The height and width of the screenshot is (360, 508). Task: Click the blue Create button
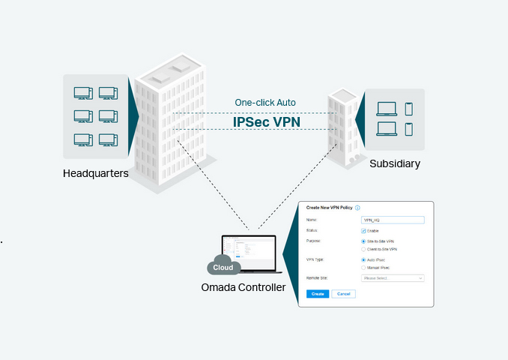pos(318,294)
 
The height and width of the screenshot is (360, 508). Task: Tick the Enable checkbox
pos(363,230)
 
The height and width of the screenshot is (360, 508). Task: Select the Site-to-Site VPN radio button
pos(363,241)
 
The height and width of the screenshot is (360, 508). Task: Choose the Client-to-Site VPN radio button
pos(363,248)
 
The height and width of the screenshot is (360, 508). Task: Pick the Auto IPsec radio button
pos(363,259)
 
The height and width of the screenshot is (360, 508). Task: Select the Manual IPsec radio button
pos(363,267)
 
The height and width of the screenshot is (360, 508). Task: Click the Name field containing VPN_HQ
pos(392,220)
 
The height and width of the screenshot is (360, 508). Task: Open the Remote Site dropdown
pos(392,278)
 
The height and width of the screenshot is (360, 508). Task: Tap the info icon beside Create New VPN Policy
pos(358,208)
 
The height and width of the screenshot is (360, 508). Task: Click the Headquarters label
pos(96,174)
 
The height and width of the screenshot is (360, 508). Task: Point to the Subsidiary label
pos(395,163)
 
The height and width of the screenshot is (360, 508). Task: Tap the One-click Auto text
pos(265,103)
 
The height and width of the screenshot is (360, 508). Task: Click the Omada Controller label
pos(244,287)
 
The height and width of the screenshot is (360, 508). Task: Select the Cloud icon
pos(223,266)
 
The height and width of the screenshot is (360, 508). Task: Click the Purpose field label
pos(314,241)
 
